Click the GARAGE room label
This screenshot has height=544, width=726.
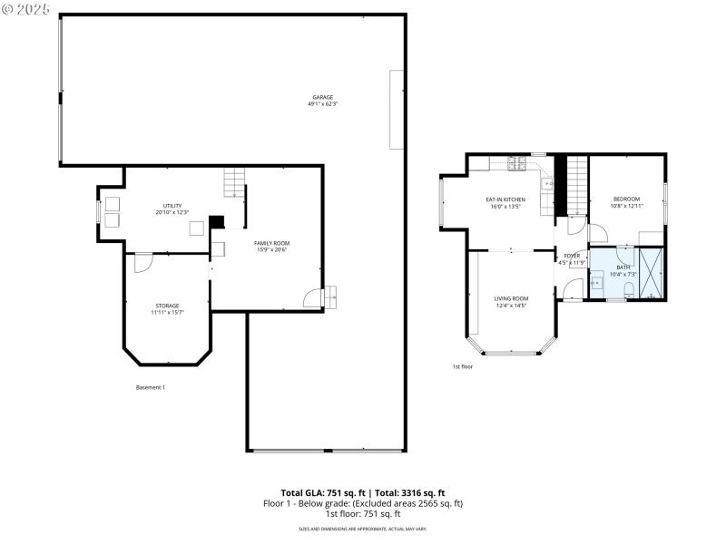tap(322, 97)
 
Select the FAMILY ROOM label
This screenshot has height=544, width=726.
tap(271, 243)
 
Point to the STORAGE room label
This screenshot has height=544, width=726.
tap(166, 306)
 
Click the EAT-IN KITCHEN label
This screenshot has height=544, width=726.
tap(505, 199)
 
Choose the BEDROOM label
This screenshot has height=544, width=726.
tap(626, 199)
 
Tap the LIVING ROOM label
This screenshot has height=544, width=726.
tap(511, 298)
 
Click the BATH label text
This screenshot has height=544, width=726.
tap(623, 267)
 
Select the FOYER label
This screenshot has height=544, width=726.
tap(572, 257)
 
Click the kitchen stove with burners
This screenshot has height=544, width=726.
tap(516, 164)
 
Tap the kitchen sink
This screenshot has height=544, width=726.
tap(546, 184)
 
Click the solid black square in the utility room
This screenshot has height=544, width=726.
tap(216, 221)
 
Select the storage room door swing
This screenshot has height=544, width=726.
tap(142, 262)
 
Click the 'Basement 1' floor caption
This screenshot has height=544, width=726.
tap(151, 387)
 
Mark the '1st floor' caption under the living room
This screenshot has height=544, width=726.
tap(463, 366)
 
